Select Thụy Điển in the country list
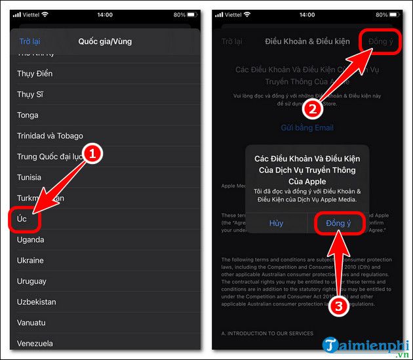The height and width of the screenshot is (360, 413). click(x=35, y=73)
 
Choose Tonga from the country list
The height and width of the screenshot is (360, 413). click(x=28, y=115)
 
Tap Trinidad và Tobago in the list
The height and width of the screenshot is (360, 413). click(x=50, y=136)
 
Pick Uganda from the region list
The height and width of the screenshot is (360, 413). click(x=31, y=239)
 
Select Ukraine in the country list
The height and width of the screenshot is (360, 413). click(x=30, y=260)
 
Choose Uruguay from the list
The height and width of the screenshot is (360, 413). click(x=31, y=281)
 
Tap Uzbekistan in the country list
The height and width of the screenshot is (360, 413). click(x=37, y=302)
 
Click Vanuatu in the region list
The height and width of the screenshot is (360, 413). click(x=31, y=323)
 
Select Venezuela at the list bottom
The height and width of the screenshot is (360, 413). click(x=35, y=343)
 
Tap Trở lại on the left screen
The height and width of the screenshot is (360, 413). click(x=29, y=41)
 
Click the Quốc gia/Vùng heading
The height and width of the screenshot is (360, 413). click(x=105, y=41)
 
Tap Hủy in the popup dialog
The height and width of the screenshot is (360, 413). click(x=276, y=223)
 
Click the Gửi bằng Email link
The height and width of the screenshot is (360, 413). click(x=307, y=127)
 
